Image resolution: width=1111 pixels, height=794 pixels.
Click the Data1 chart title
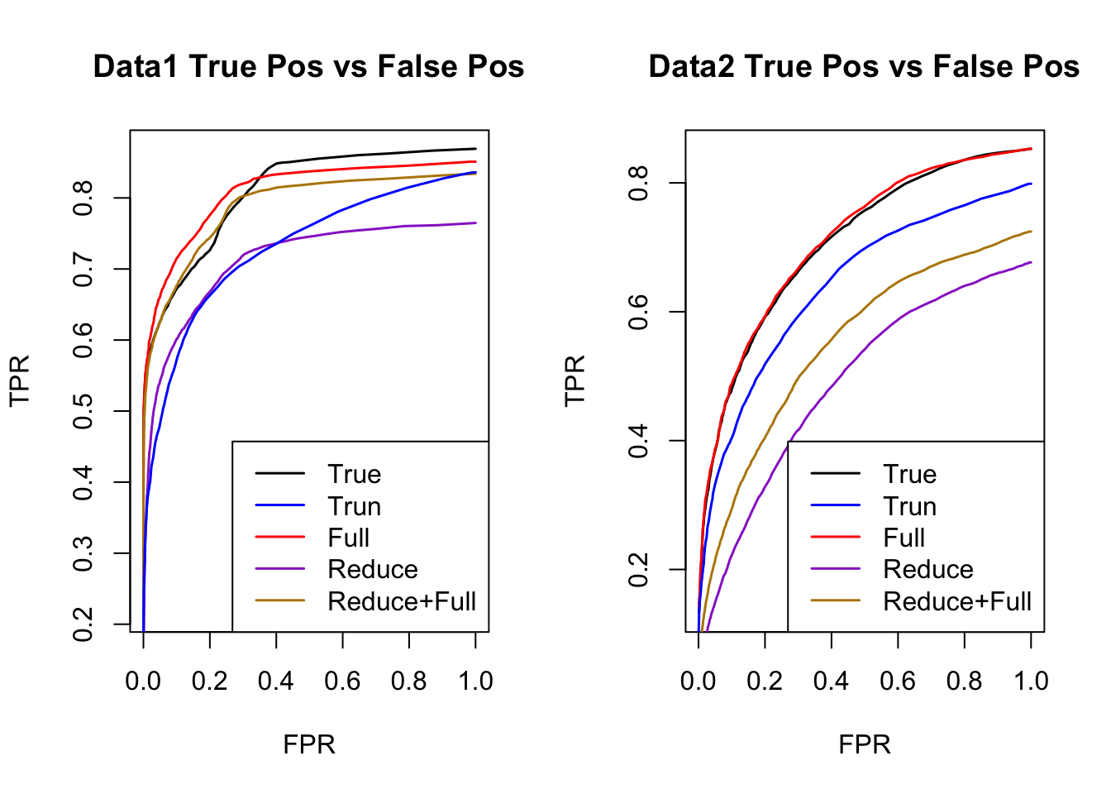coord(308,66)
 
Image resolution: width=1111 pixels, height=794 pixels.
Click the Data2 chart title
coord(864,66)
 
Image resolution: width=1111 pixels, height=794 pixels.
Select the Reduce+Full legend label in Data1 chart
coord(402,601)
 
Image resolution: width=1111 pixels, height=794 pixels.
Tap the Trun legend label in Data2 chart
coord(909,506)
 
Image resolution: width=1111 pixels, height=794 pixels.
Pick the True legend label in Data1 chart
coord(354,474)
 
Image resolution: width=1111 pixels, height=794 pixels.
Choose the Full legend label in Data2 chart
coord(904,538)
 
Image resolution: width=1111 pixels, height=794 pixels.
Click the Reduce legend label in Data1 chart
coord(372,570)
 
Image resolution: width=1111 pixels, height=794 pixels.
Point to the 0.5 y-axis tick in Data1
coord(83,411)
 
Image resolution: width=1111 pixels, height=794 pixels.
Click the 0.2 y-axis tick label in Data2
coord(638,570)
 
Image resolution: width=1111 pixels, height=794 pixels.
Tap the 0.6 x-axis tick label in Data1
coord(342,681)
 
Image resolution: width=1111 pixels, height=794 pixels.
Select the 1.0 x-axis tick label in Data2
coord(1031,681)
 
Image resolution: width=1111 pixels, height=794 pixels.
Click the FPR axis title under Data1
coord(309,744)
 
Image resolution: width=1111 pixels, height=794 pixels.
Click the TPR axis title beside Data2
coord(575,380)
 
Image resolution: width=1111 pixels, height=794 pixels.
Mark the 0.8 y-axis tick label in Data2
coord(638,183)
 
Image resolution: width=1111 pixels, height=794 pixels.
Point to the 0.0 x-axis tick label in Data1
coord(143,681)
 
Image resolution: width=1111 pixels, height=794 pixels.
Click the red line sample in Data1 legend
coord(280,538)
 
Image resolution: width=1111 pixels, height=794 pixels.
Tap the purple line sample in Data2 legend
coord(836,570)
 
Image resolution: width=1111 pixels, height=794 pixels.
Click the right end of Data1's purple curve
coord(475,222)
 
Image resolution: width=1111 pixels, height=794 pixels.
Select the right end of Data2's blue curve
coord(1031,184)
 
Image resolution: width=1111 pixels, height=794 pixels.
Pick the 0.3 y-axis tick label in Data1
coord(83,553)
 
